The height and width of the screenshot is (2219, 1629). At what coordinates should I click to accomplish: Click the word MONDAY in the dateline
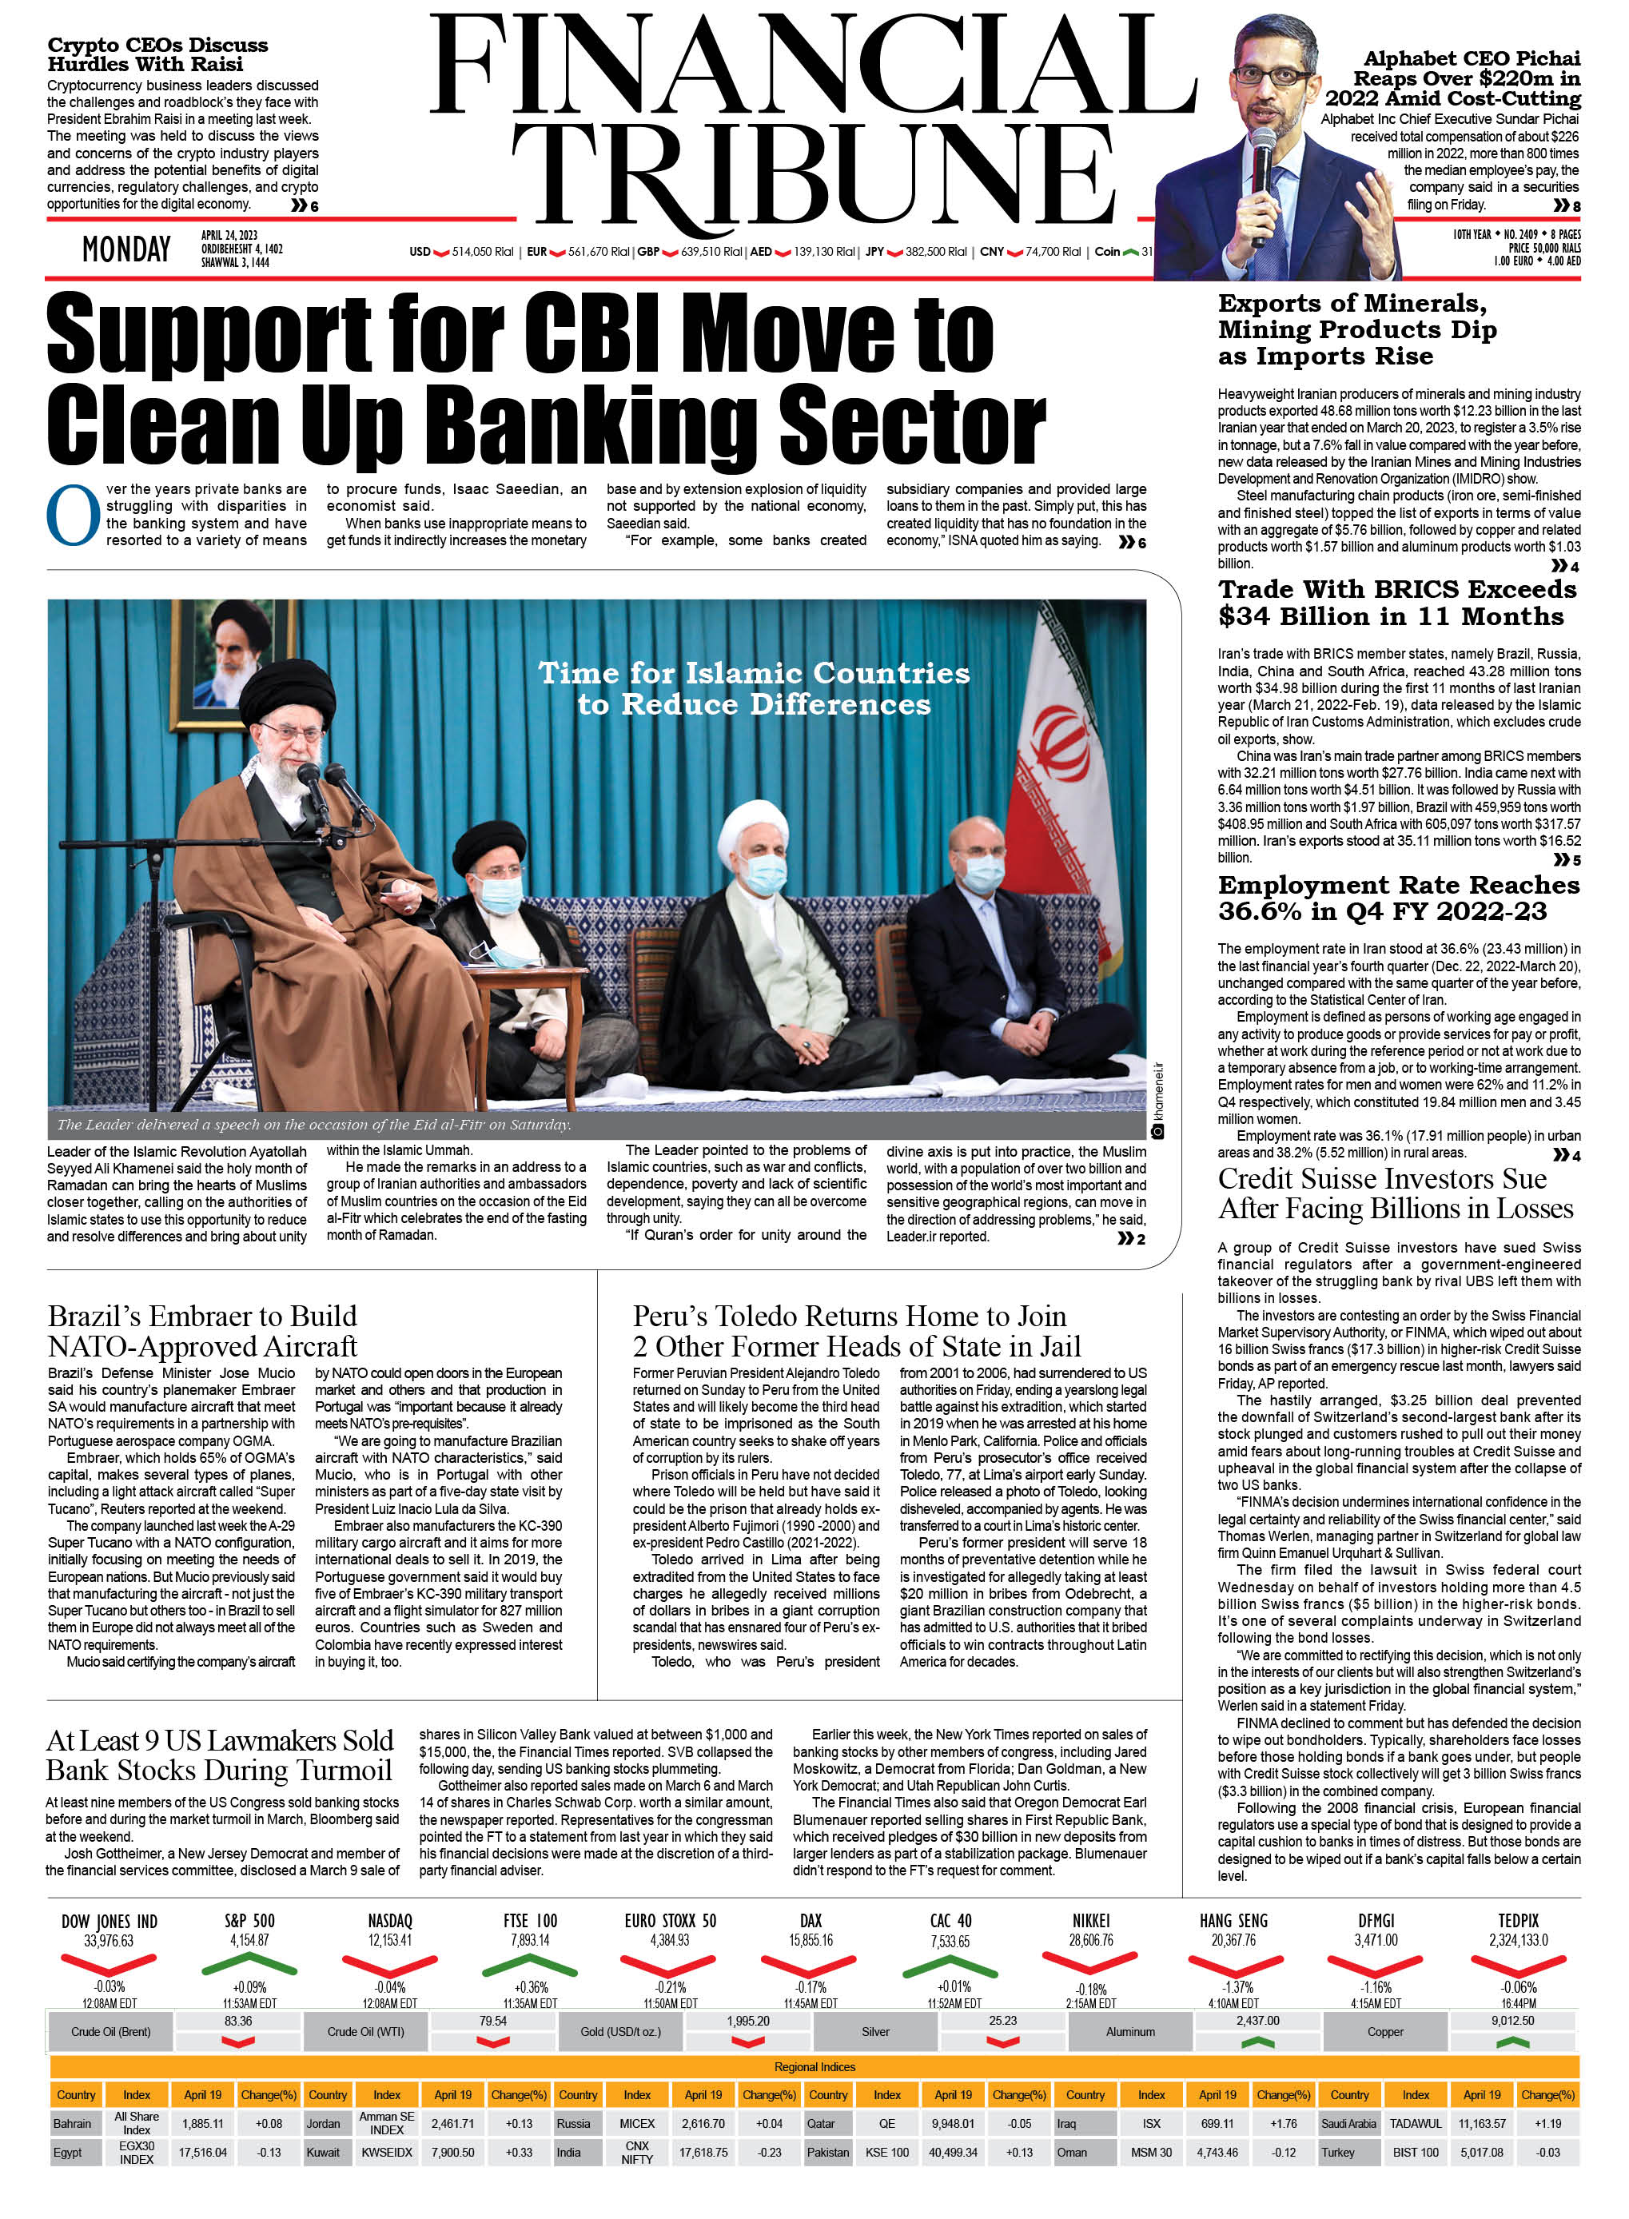click(x=126, y=249)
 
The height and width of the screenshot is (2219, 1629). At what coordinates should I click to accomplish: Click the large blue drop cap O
click(x=73, y=515)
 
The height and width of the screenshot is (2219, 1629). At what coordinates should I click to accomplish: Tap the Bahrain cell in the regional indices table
click(x=72, y=2123)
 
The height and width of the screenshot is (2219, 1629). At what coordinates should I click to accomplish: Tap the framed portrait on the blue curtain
click(x=233, y=653)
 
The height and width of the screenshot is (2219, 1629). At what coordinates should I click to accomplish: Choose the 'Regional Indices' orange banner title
click(x=814, y=2066)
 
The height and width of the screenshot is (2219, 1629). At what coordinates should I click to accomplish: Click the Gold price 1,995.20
click(x=747, y=2021)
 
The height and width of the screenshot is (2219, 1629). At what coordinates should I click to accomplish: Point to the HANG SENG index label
click(x=1233, y=1920)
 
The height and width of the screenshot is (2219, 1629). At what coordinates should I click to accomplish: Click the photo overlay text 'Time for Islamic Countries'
click(x=754, y=674)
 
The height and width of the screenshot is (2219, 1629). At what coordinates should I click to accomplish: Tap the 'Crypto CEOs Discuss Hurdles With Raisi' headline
click(x=157, y=54)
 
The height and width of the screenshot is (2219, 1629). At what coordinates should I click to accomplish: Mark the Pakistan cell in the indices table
click(x=827, y=2152)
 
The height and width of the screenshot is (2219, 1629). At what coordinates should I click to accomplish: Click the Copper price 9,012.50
click(x=1512, y=2021)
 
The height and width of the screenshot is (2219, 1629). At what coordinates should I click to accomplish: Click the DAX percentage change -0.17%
click(x=810, y=1987)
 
